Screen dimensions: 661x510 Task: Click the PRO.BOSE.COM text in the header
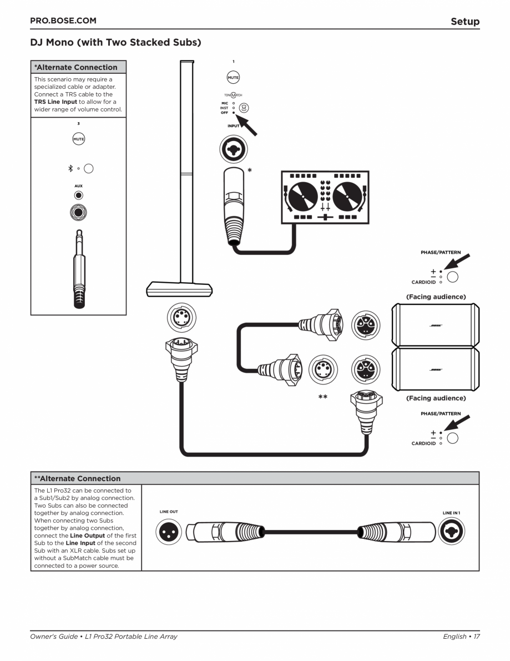coord(63,21)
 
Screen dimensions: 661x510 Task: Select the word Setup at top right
coord(464,22)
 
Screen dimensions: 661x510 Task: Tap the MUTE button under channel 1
coord(233,78)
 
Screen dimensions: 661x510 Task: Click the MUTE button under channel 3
coord(78,139)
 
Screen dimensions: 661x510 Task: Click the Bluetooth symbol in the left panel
coord(70,168)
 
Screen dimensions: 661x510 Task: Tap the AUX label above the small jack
coord(78,186)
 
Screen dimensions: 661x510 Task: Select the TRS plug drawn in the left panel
coord(78,267)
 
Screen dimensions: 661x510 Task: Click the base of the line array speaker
coord(179,289)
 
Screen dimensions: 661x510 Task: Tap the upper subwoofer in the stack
coord(435,325)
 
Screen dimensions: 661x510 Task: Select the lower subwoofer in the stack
coord(435,369)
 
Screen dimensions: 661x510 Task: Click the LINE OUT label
coord(169,512)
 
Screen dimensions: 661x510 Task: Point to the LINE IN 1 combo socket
coord(451,533)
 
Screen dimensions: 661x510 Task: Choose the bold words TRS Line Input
coord(55,102)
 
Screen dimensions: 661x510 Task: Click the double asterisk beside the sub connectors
coord(322,397)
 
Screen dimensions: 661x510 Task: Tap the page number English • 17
coord(461,637)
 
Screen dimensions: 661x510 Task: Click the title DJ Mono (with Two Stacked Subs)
coord(115,42)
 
